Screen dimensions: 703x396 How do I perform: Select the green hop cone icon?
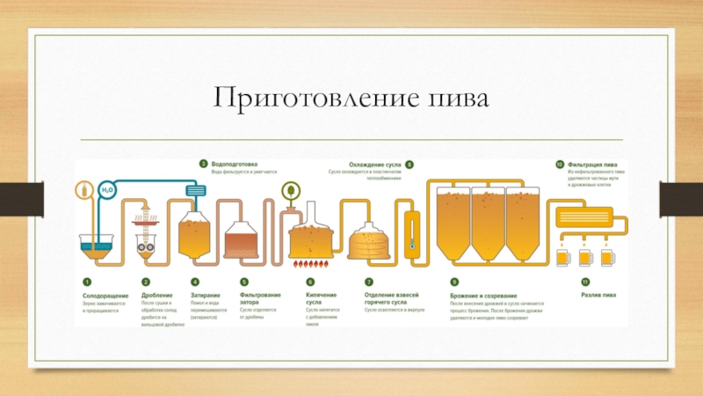(x=289, y=189)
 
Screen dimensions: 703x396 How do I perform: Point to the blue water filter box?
(x=195, y=190)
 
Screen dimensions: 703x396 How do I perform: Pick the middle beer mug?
(x=585, y=258)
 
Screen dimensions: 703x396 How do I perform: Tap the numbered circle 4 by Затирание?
(x=194, y=282)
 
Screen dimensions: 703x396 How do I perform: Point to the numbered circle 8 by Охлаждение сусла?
(x=409, y=164)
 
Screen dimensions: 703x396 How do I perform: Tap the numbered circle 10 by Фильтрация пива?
(x=559, y=164)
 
